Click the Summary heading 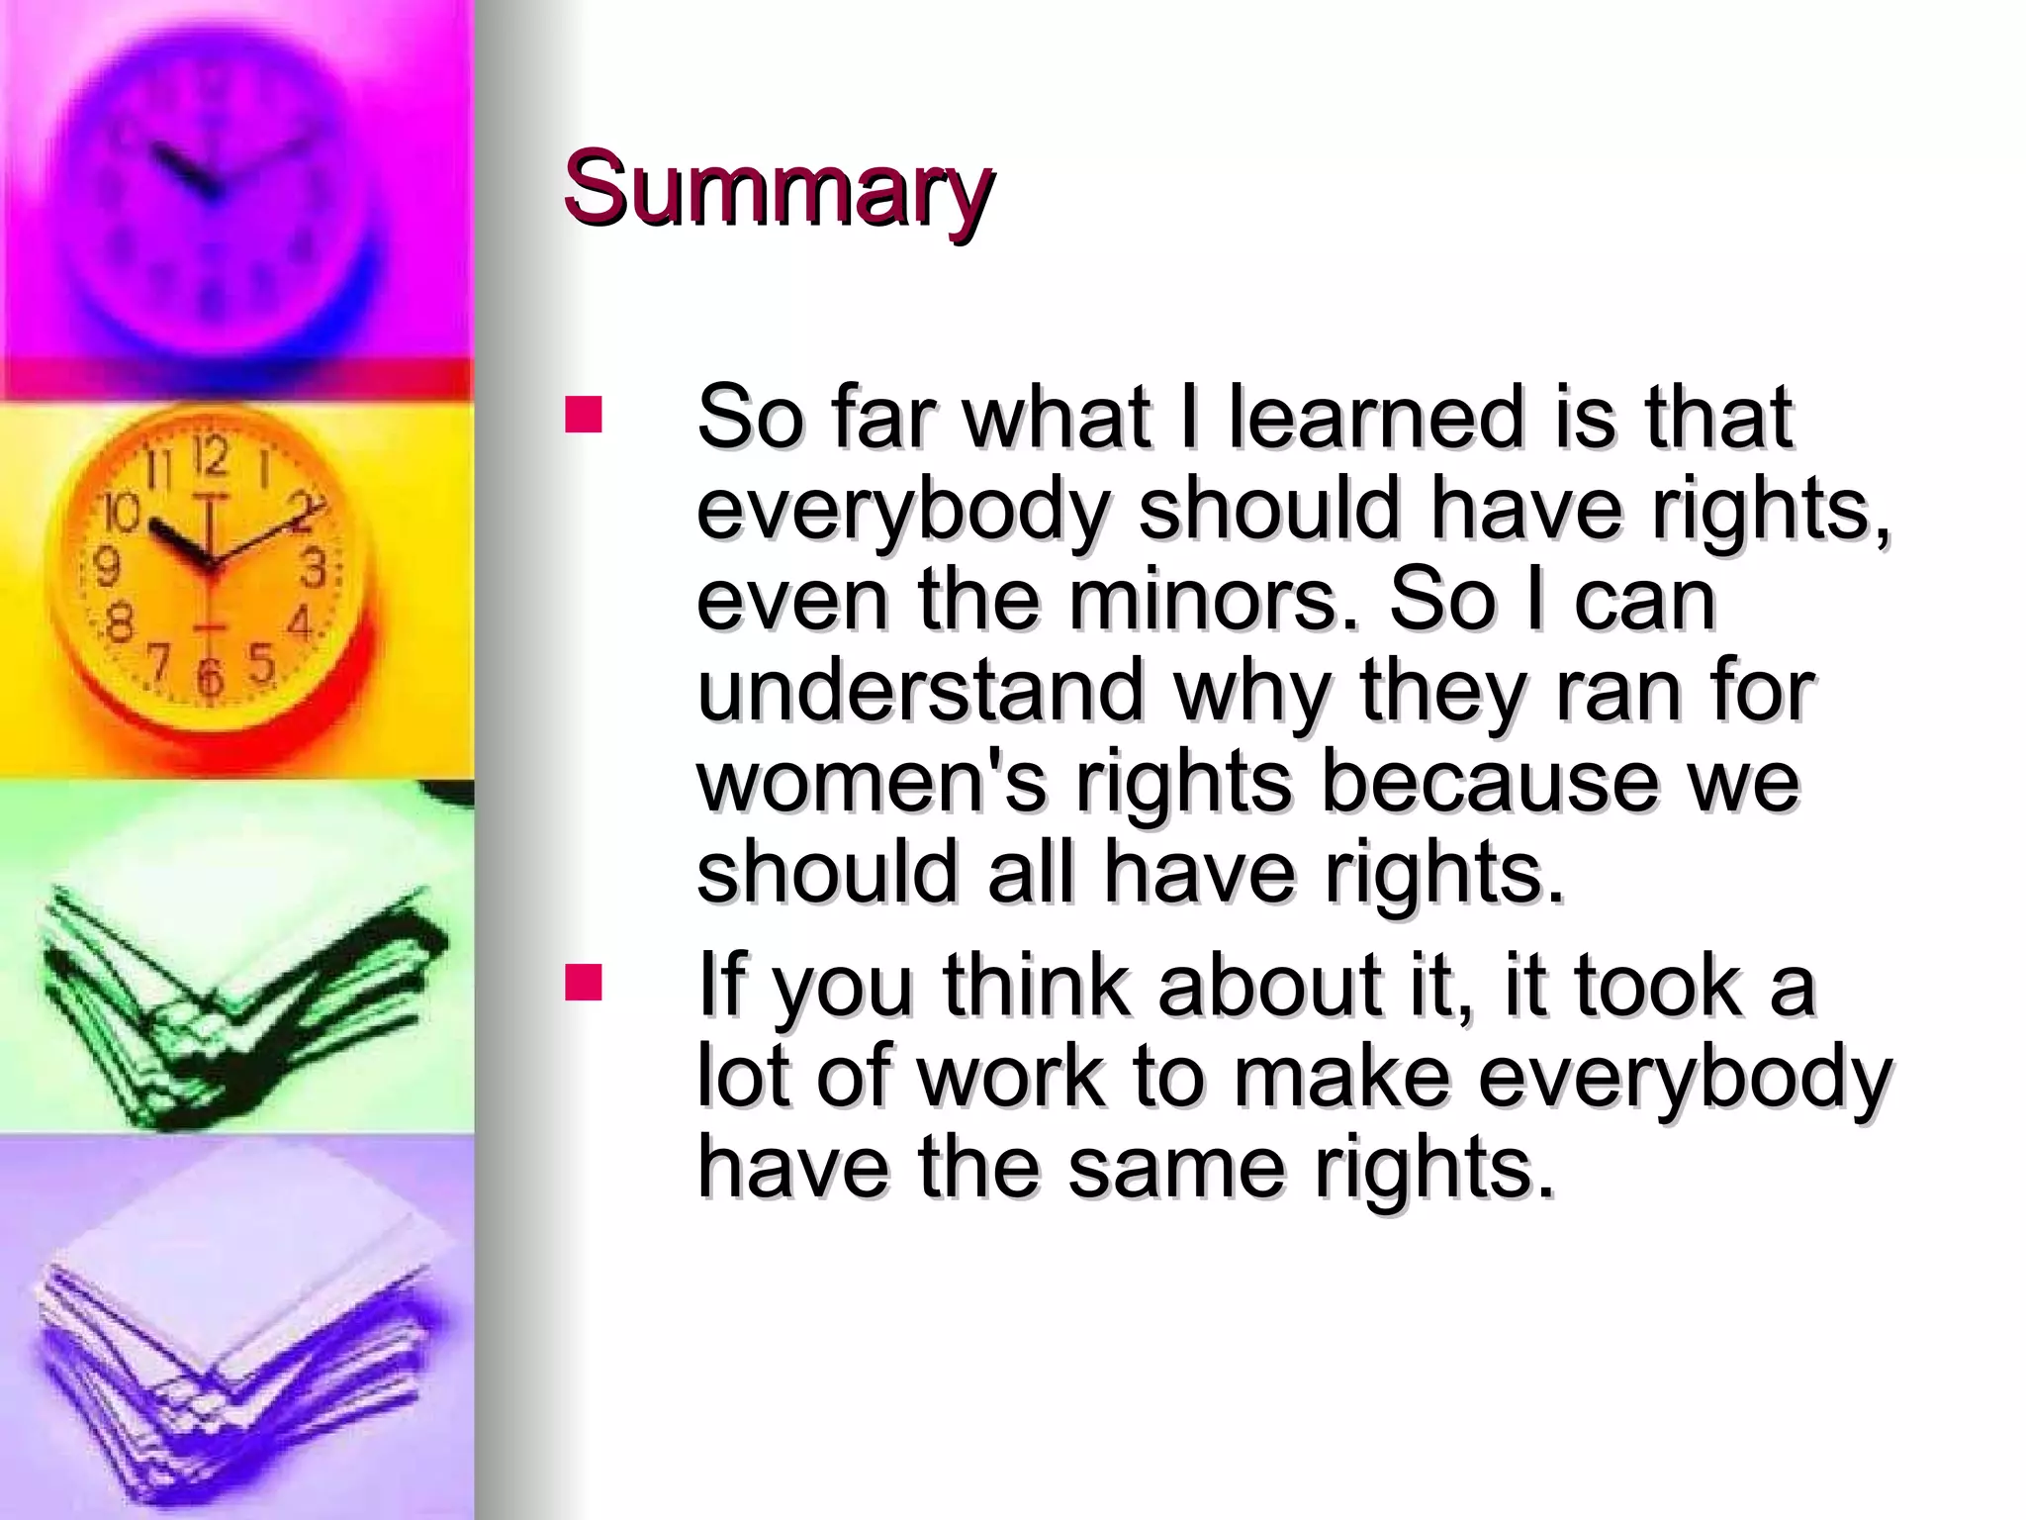778,190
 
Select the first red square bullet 584,416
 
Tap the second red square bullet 584,984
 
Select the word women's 871,782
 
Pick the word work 1009,1076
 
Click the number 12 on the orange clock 210,457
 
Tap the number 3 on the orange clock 314,569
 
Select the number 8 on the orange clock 119,623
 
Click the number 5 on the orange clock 261,663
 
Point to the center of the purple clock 211,188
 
